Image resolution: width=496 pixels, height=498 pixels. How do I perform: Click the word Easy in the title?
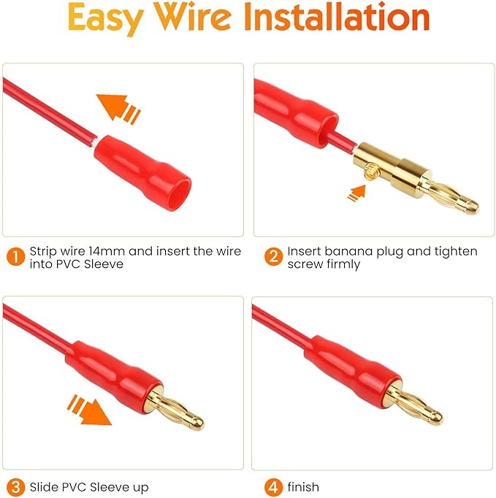(110, 20)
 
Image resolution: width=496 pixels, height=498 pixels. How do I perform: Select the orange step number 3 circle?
(14, 486)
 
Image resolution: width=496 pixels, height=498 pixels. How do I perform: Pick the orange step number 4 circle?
(272, 486)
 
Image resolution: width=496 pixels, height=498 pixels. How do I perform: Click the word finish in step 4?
(304, 486)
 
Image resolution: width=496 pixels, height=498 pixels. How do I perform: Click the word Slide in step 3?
(45, 486)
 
